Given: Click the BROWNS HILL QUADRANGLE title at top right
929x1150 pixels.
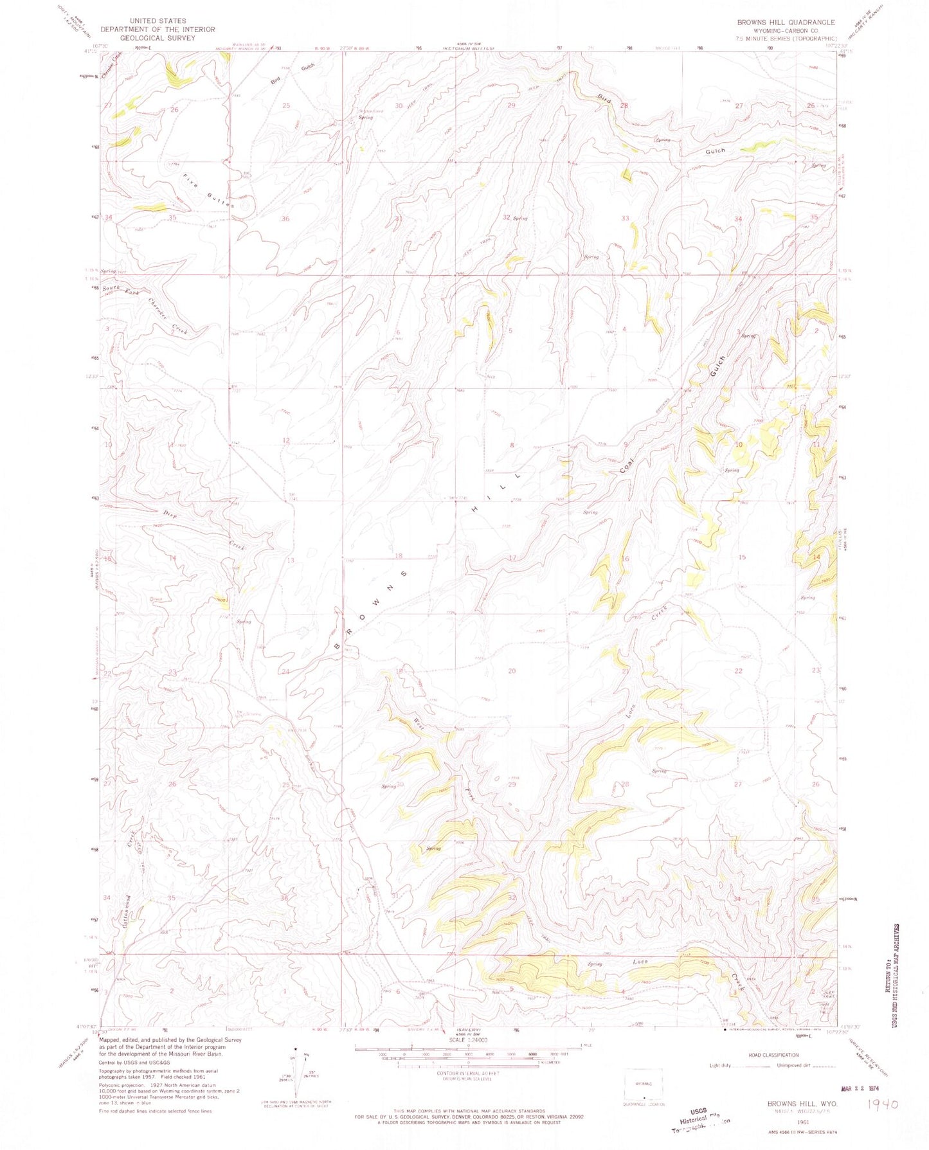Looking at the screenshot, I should point(786,22).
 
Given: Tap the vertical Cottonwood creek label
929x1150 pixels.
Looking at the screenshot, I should point(128,909).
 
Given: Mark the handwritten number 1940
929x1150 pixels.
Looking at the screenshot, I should point(883,1104).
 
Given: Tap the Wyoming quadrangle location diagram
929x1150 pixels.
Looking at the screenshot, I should point(643,1086).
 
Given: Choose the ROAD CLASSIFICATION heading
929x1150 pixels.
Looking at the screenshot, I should point(774,1055).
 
